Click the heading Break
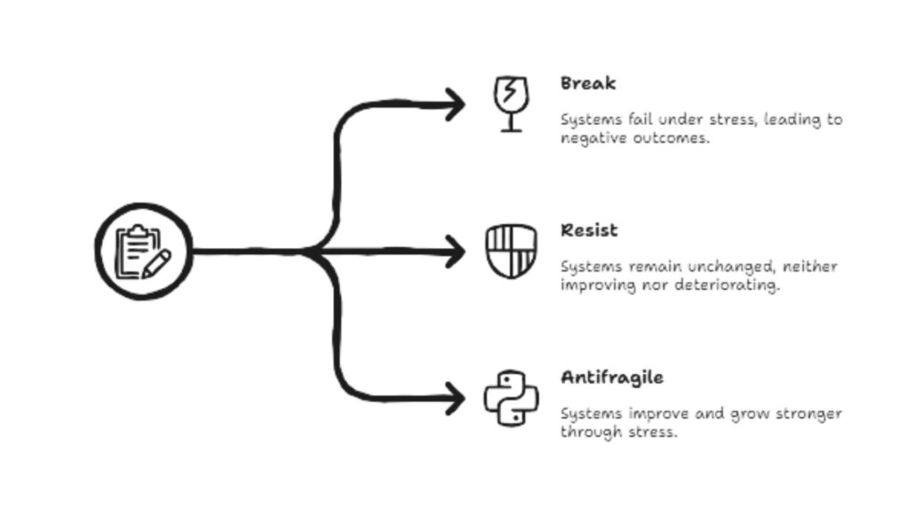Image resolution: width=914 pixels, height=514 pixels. click(588, 84)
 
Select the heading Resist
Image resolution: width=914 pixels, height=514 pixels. click(589, 231)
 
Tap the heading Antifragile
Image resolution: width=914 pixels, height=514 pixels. click(611, 377)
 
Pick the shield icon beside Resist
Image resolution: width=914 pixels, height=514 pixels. click(511, 252)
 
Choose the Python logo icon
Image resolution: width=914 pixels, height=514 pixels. click(511, 398)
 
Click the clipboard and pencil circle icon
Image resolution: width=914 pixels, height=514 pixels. click(144, 252)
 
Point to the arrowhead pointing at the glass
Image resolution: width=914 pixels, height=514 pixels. click(455, 104)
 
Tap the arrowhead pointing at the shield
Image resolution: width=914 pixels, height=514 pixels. click(455, 252)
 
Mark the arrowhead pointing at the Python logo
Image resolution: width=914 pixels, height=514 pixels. click(455, 398)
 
